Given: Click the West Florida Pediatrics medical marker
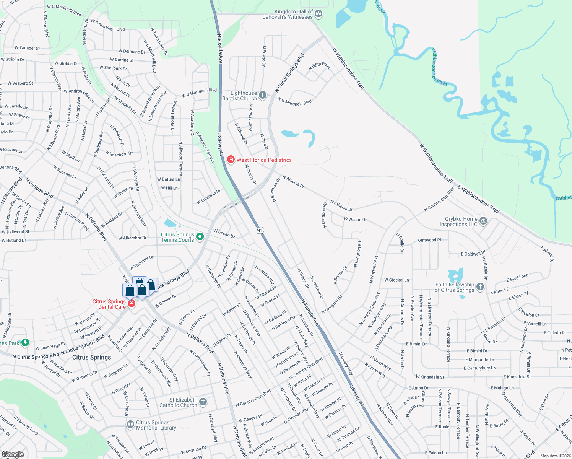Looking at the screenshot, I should tap(231, 160).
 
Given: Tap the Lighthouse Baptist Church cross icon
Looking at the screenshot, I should tap(262, 95).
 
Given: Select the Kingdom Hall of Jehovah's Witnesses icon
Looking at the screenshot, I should tap(318, 14).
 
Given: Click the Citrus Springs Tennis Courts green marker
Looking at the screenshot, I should tap(200, 237).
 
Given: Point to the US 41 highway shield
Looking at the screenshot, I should tap(260, 231).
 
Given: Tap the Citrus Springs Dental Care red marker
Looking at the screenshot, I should tap(132, 304).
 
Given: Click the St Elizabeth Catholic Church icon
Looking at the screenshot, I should tap(203, 402).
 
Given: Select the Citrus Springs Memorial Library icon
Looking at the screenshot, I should tap(130, 425).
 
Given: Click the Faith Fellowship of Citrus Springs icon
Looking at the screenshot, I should tap(481, 287).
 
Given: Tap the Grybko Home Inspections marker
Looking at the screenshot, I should tap(483, 221).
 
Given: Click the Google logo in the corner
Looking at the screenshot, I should tap(13, 454).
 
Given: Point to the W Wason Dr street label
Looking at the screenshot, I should tap(355, 220).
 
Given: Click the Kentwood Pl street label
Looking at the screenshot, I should tap(429, 240).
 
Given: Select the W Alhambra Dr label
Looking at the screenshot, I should tap(132, 238).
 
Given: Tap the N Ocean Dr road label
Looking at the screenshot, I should tap(224, 233).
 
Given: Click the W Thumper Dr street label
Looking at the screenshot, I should tap(141, 263).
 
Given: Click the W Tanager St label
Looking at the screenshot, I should tap(27, 48).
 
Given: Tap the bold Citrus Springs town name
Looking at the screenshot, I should tap(92, 357).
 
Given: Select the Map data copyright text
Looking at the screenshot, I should tap(556, 456).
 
